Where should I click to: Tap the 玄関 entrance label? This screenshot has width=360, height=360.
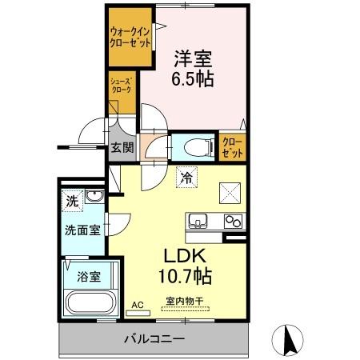(x=122, y=147)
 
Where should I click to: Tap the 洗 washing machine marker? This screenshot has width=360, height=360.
(x=72, y=201)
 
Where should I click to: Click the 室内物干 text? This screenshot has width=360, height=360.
(x=185, y=302)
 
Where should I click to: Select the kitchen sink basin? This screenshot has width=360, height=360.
(x=198, y=221)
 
